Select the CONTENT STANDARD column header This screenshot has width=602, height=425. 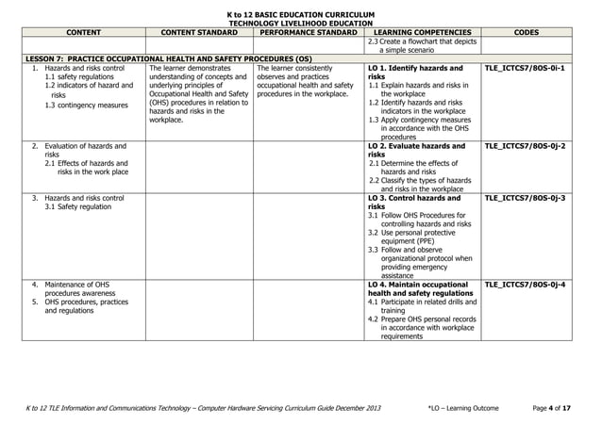pos(200,32)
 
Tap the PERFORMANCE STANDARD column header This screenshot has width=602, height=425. pos(309,32)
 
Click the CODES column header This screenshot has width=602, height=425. pos(527,32)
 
